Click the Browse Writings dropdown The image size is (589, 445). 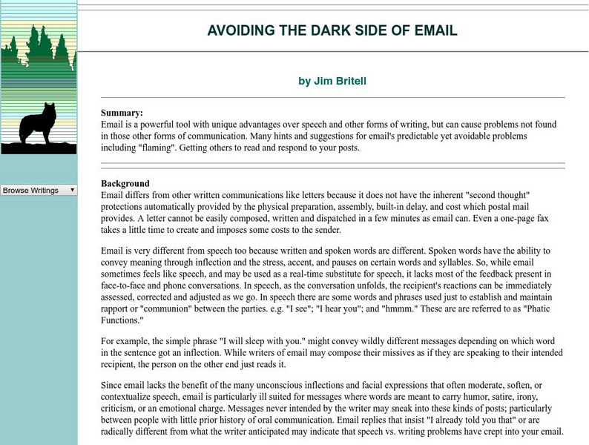pyautogui.click(x=39, y=190)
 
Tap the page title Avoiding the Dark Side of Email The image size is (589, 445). pyautogui.click(x=332, y=30)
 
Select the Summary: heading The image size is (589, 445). pyautogui.click(x=122, y=113)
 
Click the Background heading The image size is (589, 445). pyautogui.click(x=125, y=183)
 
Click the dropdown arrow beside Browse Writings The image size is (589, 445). pyautogui.click(x=72, y=190)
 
